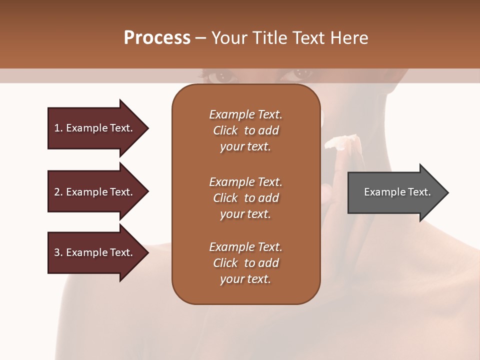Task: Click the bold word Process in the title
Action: [x=157, y=38]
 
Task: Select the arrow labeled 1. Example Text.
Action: [x=95, y=128]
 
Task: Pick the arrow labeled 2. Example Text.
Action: [x=95, y=192]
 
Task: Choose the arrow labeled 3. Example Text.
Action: [x=95, y=252]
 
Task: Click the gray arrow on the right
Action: [x=395, y=192]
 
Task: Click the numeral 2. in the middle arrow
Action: [x=58, y=192]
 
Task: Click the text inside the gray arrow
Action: [x=397, y=192]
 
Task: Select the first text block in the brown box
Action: [x=245, y=130]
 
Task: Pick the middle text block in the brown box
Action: [x=245, y=198]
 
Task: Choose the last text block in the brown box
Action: [x=245, y=263]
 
